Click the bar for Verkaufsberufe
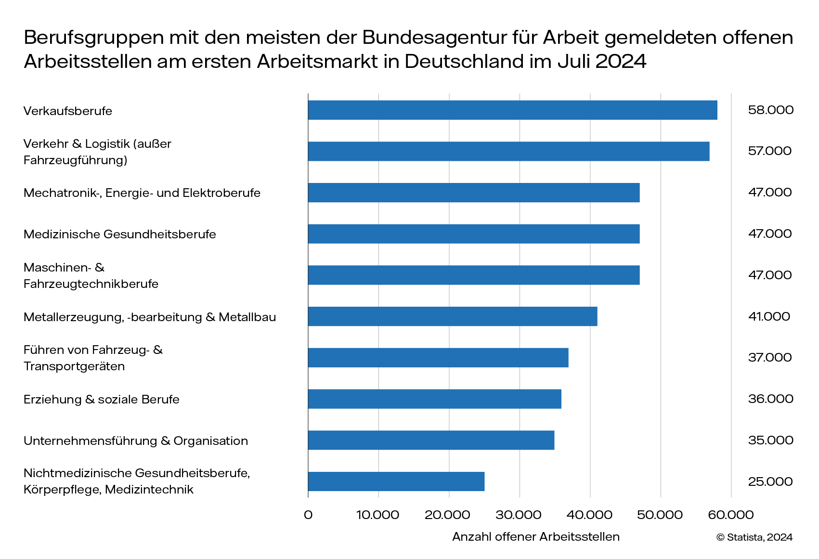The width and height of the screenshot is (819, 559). point(512,110)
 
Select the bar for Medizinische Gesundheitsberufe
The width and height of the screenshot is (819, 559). point(474,234)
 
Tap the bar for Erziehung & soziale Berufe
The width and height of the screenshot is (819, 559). point(434,399)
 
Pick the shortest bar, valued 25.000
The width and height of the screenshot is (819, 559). point(396,481)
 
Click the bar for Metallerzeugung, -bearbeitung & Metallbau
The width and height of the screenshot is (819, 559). point(453,316)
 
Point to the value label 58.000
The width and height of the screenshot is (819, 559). point(770,110)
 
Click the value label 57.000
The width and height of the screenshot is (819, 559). point(769,151)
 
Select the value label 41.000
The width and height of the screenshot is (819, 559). point(769,316)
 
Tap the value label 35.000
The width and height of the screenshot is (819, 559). point(770,440)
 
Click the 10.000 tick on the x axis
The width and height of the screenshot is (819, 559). point(377,515)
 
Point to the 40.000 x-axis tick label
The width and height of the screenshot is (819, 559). point(589,515)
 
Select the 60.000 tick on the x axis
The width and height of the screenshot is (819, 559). point(730,515)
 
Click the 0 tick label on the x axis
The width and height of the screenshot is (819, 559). point(308,515)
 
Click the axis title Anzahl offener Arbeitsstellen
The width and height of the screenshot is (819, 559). point(535,537)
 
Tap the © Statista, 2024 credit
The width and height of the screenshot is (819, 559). point(754,537)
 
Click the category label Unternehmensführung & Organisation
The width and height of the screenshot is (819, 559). point(136,441)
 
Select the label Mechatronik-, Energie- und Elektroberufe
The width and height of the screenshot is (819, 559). point(142,193)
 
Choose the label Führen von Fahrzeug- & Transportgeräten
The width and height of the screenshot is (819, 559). point(93,358)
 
